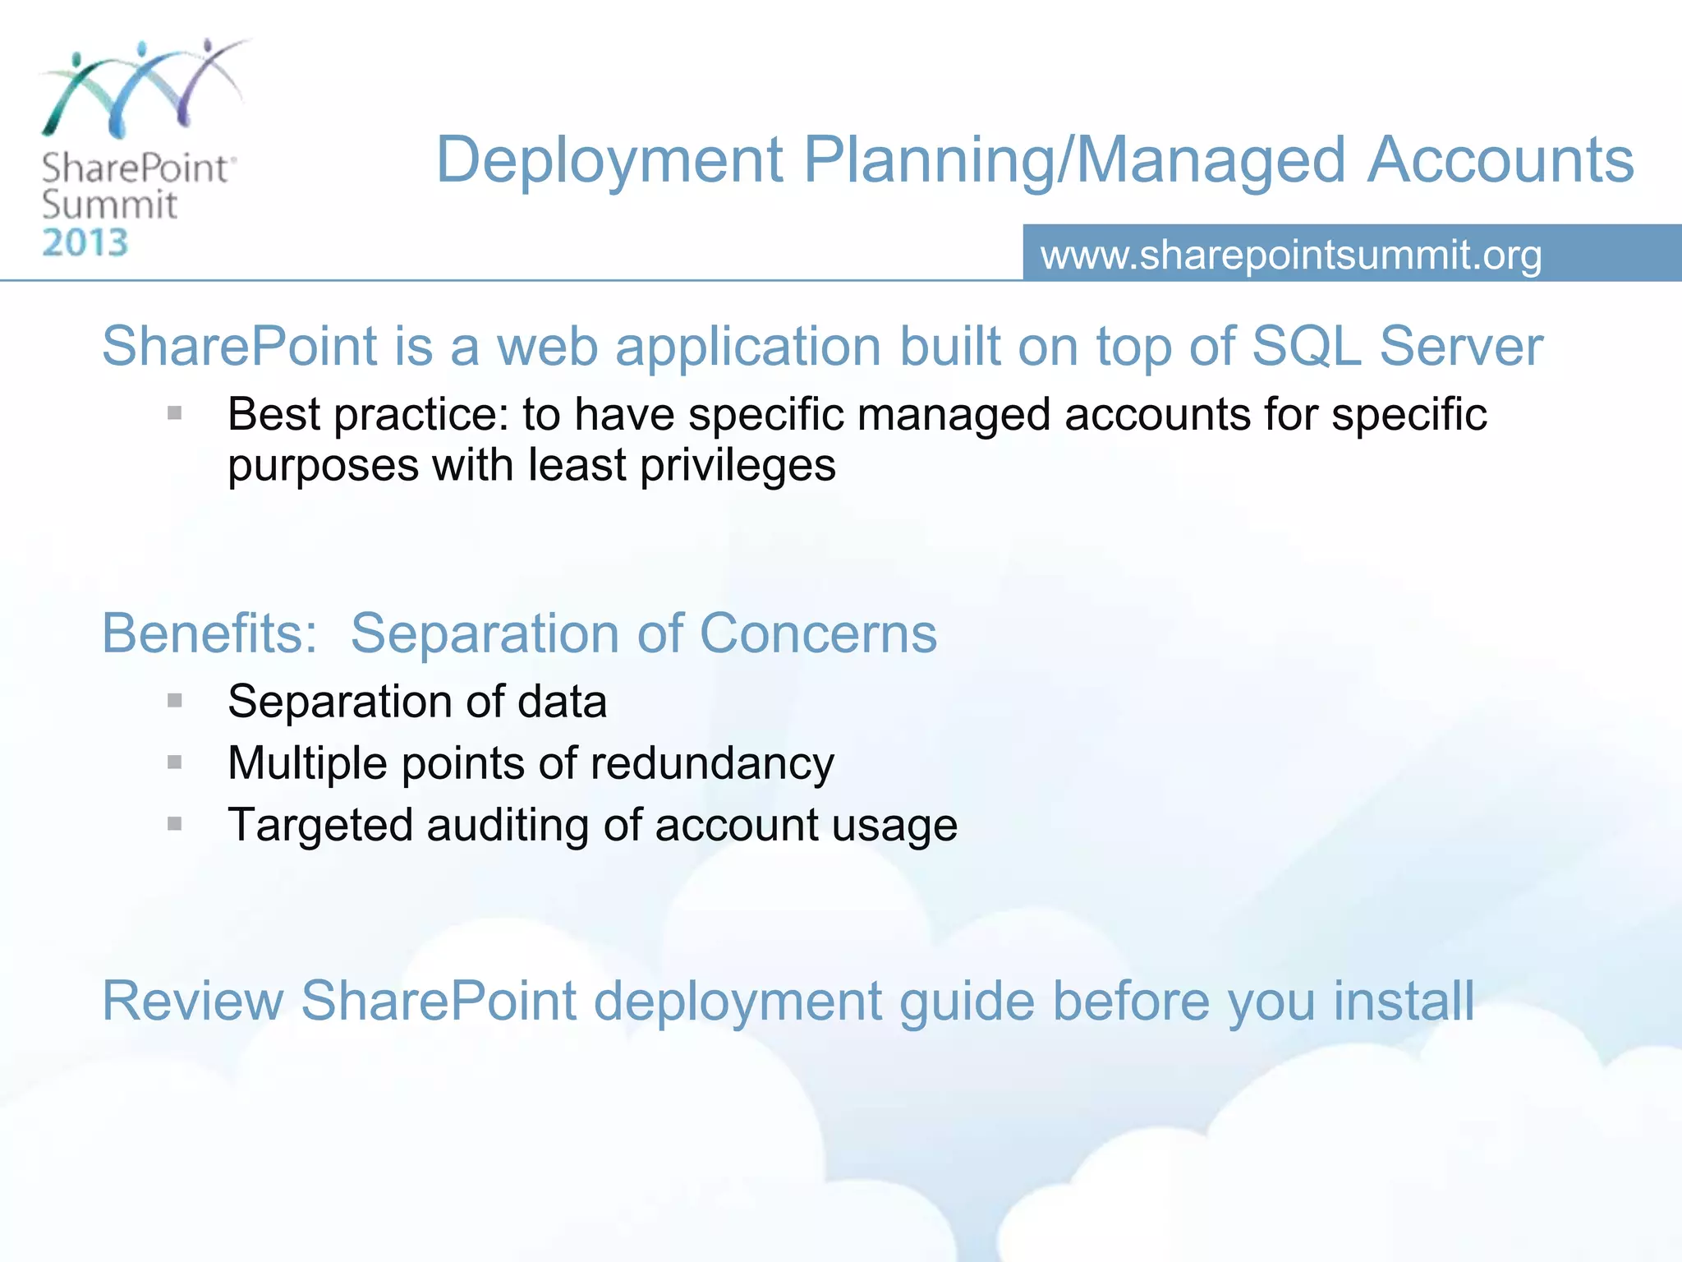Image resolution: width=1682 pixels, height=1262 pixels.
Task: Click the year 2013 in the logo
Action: (x=85, y=243)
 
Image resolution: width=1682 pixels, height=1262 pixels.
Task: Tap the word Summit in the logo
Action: (x=109, y=205)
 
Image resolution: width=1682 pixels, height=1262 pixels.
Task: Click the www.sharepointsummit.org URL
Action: (x=1291, y=255)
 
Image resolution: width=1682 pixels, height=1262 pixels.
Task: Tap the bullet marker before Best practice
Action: (x=174, y=413)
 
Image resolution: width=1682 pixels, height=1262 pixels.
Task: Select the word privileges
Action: (x=737, y=466)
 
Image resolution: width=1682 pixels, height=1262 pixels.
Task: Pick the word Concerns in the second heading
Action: (x=818, y=633)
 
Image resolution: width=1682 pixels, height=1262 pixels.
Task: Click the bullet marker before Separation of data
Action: (x=174, y=701)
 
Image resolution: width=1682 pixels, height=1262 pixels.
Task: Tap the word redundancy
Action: (x=711, y=763)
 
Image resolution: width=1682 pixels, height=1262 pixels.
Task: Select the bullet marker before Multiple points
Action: (x=174, y=762)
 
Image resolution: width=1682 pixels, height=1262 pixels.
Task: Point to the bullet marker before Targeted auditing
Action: (x=174, y=823)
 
